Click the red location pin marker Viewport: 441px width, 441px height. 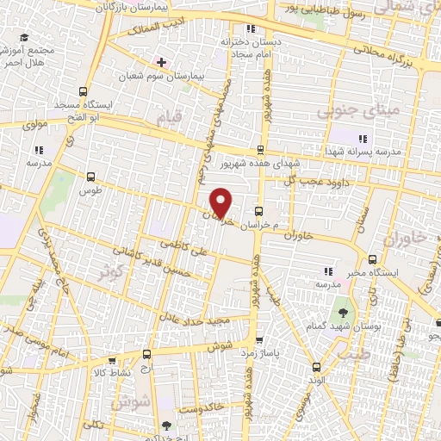(x=222, y=202)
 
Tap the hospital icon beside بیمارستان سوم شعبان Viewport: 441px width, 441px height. (x=160, y=62)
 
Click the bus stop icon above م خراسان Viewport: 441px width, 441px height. (x=258, y=211)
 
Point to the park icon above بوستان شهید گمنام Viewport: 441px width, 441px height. (x=344, y=307)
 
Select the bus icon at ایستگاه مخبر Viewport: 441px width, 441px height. (x=371, y=259)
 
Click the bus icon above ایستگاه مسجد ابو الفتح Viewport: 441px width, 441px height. (x=83, y=92)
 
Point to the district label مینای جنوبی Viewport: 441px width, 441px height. (x=349, y=110)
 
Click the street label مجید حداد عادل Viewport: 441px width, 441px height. (x=210, y=320)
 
